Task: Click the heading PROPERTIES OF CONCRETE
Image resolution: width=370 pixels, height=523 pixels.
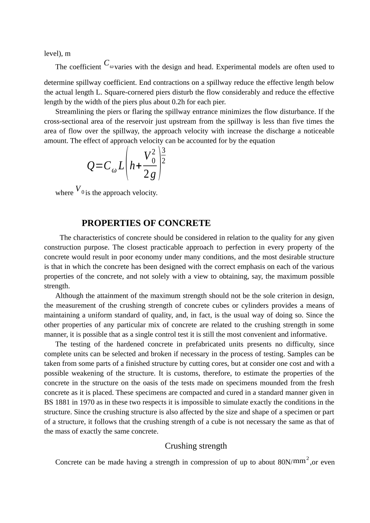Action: click(x=146, y=223)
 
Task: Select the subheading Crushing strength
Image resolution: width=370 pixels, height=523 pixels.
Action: click(x=196, y=446)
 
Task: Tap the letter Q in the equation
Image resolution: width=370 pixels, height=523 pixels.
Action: click(x=91, y=166)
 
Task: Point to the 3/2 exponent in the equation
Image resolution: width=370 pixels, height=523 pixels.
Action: click(x=164, y=156)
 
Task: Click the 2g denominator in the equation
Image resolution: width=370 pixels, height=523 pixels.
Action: click(x=150, y=175)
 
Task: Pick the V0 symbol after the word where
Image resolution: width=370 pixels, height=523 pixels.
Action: click(x=79, y=190)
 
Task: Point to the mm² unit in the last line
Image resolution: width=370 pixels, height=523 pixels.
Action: click(x=301, y=461)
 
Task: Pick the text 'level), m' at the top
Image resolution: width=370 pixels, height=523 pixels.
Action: click(x=57, y=54)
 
